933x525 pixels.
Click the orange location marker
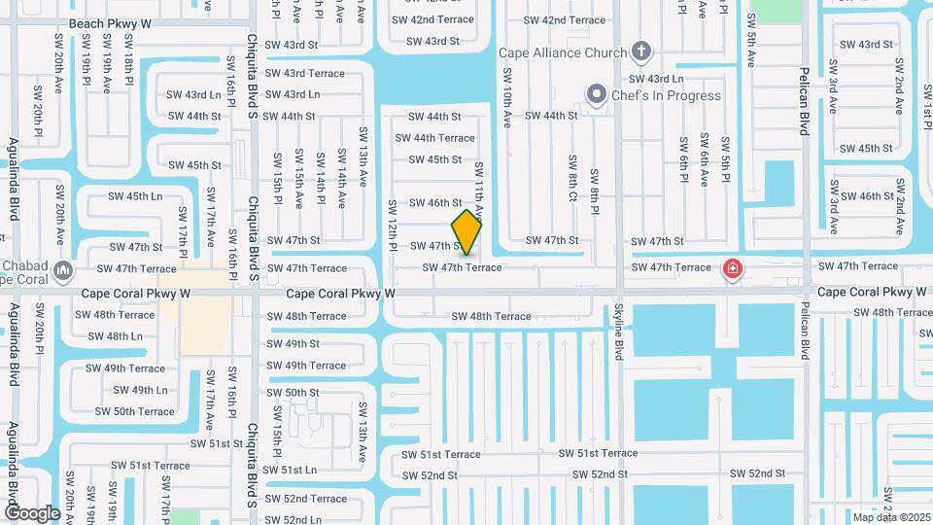(466, 232)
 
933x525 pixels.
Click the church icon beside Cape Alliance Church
(639, 51)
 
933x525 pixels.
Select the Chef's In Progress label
(667, 95)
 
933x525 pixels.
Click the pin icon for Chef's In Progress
(596, 94)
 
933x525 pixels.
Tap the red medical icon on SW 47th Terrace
(732, 268)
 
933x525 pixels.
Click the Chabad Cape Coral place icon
(63, 268)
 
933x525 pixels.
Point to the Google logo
(32, 512)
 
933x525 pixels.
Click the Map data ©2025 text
(890, 517)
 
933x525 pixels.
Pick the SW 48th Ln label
(115, 336)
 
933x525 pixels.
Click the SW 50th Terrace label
(134, 411)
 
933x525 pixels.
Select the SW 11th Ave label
(478, 190)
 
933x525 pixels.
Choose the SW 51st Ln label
(291, 470)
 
